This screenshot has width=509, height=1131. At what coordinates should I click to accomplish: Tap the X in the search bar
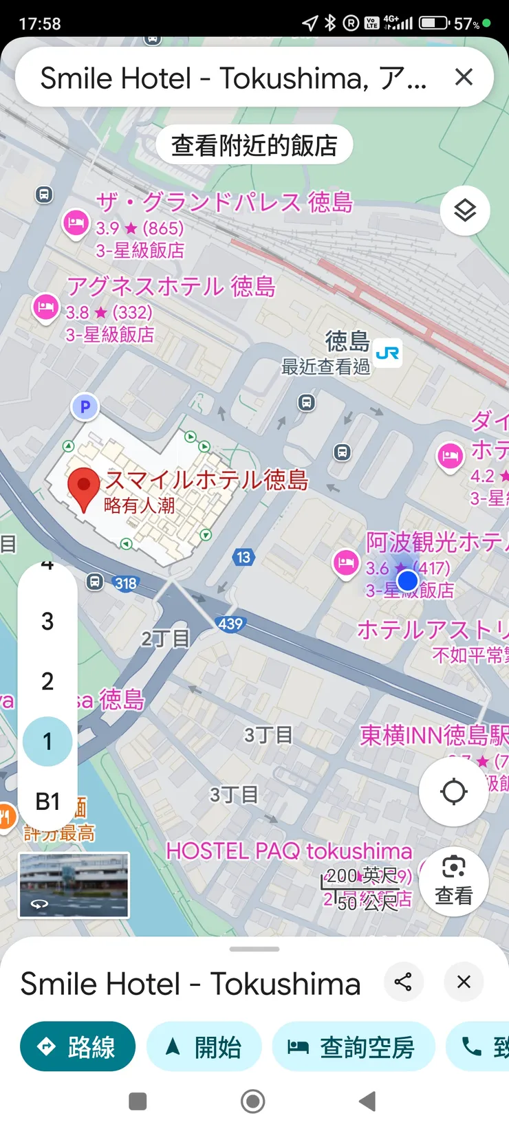pyautogui.click(x=464, y=77)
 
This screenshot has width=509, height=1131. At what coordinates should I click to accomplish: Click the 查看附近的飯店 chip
pyautogui.click(x=254, y=145)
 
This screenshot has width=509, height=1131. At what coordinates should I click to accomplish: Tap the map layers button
pyautogui.click(x=465, y=210)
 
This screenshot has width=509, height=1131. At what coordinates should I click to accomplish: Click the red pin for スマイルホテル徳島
pyautogui.click(x=84, y=487)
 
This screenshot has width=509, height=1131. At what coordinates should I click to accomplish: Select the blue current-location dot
pyautogui.click(x=408, y=581)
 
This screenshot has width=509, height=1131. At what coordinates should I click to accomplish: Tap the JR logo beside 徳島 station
pyautogui.click(x=388, y=353)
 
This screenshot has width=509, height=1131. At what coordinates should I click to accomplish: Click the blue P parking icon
pyautogui.click(x=85, y=407)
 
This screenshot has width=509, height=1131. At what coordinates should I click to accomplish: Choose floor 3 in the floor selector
pyautogui.click(x=47, y=622)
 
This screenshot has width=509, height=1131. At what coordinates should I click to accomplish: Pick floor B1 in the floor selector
pyautogui.click(x=47, y=801)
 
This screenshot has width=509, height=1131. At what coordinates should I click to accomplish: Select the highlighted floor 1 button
pyautogui.click(x=47, y=741)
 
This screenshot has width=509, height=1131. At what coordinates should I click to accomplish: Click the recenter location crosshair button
pyautogui.click(x=453, y=791)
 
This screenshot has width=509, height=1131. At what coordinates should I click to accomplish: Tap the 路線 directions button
pyautogui.click(x=78, y=1046)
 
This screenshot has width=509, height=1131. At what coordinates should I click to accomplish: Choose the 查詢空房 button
pyautogui.click(x=354, y=1046)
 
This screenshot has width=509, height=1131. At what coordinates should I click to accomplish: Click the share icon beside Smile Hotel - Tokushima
pyautogui.click(x=403, y=982)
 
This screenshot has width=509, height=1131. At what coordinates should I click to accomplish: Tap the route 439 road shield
pyautogui.click(x=230, y=624)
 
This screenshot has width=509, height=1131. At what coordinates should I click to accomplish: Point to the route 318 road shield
pyautogui.click(x=126, y=584)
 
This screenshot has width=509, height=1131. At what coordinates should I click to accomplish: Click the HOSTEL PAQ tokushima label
pyautogui.click(x=289, y=851)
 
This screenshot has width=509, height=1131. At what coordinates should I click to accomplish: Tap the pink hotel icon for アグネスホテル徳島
pyautogui.click(x=46, y=306)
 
